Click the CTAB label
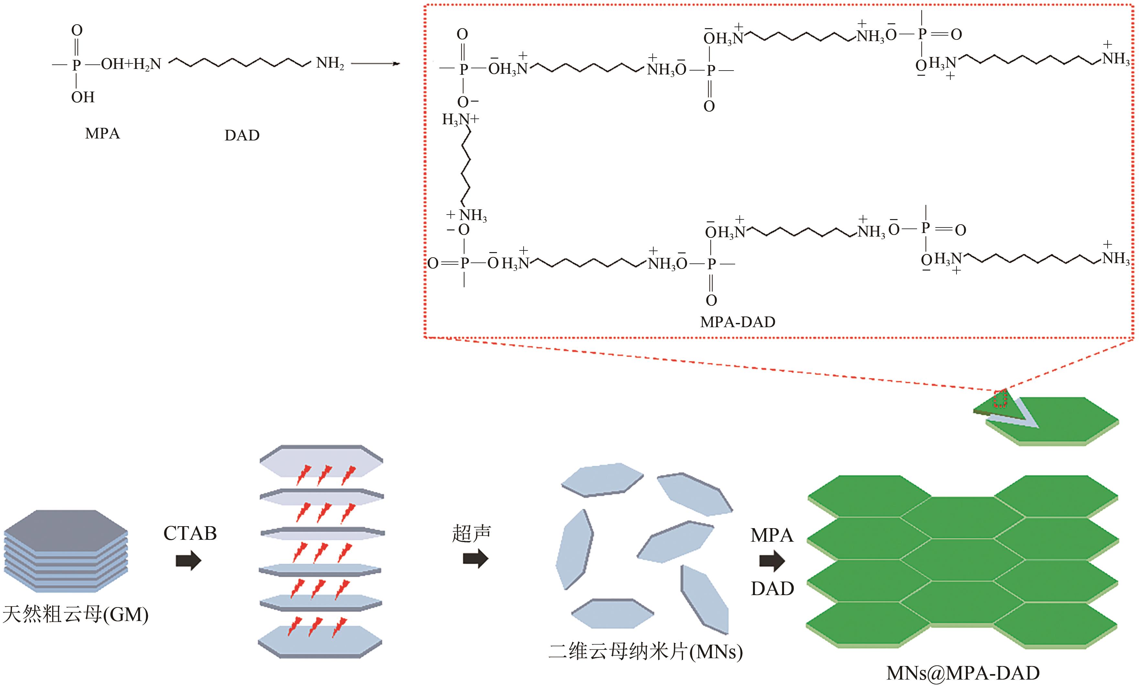190,533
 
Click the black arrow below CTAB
189,561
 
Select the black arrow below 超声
476,559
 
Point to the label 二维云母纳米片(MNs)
645,651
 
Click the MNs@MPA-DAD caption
963,673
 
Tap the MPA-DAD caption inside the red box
737,322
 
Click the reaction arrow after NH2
375,63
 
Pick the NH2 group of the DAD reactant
330,63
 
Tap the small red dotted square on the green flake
1000,398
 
